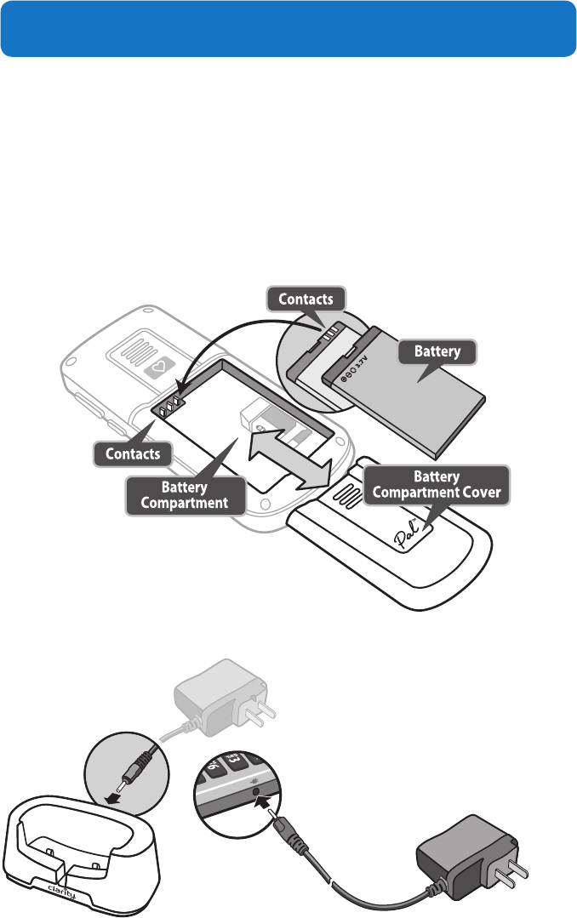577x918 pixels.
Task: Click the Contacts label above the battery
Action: (x=306, y=298)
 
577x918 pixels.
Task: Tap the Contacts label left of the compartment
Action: (x=132, y=453)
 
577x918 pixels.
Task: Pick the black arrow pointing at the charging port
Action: (x=269, y=798)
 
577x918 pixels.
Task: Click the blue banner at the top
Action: (x=288, y=28)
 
